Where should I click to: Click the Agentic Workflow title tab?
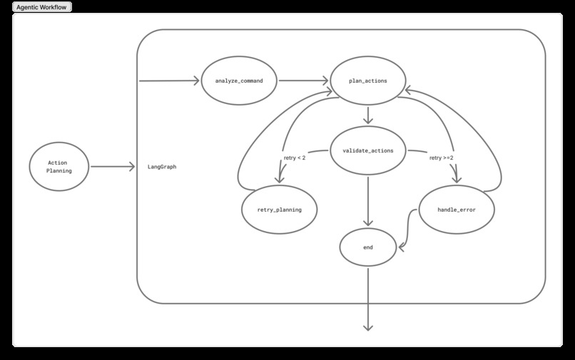click(x=42, y=6)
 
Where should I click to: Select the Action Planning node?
click(x=59, y=166)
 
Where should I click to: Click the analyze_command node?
click(x=239, y=81)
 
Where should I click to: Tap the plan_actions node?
click(x=368, y=81)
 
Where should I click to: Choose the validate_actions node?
click(x=368, y=150)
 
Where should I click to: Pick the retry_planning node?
click(x=279, y=210)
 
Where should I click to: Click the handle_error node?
click(x=457, y=210)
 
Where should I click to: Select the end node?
click(x=368, y=247)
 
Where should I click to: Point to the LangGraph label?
click(x=162, y=167)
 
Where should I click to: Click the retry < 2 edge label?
click(x=294, y=158)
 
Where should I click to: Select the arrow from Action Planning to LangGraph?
click(x=113, y=167)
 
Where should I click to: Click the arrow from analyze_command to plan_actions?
click(x=303, y=81)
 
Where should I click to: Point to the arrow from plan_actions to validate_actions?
click(x=368, y=115)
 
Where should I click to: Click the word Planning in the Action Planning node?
click(x=59, y=171)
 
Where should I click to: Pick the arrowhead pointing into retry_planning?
click(x=278, y=179)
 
